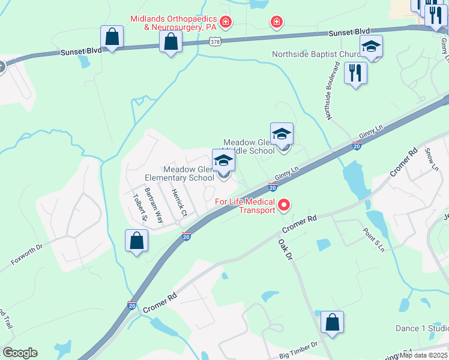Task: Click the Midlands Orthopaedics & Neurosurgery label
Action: point(173,23)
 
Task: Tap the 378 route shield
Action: point(215,41)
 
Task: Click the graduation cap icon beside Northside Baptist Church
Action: point(372,47)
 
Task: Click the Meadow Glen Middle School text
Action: point(249,146)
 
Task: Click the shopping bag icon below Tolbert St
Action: point(137,241)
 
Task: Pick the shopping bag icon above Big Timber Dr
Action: point(332,322)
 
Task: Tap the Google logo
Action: point(20,352)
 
